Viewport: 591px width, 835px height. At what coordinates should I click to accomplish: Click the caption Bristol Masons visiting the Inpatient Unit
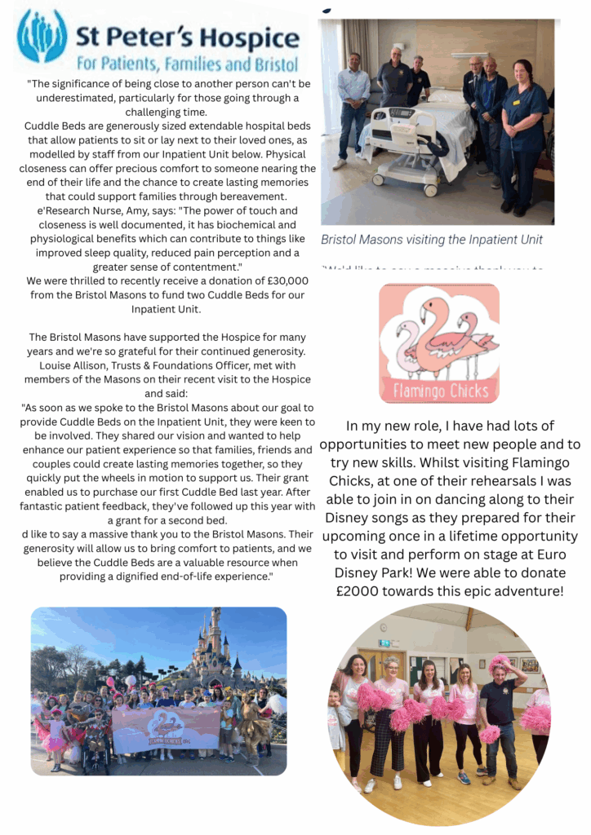431,240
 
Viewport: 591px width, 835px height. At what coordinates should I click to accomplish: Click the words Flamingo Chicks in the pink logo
440,388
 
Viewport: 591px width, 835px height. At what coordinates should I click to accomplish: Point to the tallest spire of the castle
215,627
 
